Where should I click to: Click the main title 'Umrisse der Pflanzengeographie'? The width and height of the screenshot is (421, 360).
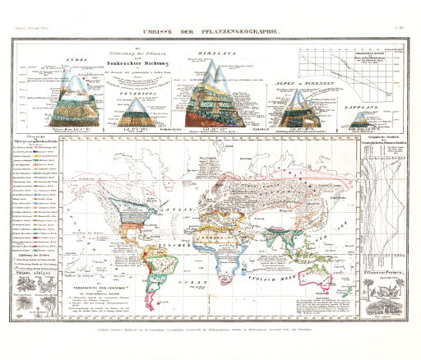[x=210, y=30]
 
